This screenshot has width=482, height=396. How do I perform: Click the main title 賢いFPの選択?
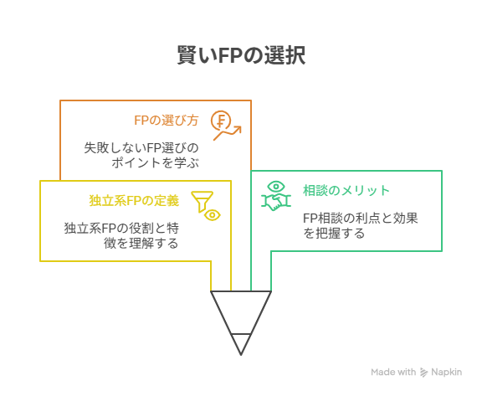(241, 55)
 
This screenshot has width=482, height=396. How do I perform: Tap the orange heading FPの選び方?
(167, 121)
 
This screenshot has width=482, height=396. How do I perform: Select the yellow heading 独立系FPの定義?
(134, 201)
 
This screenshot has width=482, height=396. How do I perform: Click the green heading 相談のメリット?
(346, 190)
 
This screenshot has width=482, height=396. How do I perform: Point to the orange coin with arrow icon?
(226, 125)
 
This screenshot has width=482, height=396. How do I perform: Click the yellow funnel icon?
(202, 202)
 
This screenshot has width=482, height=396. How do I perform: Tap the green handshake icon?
(276, 202)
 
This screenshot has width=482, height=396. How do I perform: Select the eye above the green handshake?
(276, 187)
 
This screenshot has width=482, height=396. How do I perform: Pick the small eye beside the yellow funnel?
(212, 215)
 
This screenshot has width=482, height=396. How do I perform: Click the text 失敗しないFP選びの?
(141, 148)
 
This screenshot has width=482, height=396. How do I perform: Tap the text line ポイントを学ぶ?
(156, 162)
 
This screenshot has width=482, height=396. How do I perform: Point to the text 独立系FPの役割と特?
(121, 229)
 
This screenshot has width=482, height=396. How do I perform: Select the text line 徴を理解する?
(141, 243)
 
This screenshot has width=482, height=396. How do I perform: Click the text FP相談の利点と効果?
(361, 219)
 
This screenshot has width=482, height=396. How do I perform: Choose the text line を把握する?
(334, 233)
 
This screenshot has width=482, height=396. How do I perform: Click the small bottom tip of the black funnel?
(241, 355)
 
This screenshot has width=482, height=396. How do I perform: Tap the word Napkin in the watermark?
(446, 372)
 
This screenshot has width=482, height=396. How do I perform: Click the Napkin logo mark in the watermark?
(424, 373)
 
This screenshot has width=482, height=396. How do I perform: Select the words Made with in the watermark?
(393, 372)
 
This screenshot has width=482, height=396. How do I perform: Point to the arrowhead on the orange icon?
(238, 130)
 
